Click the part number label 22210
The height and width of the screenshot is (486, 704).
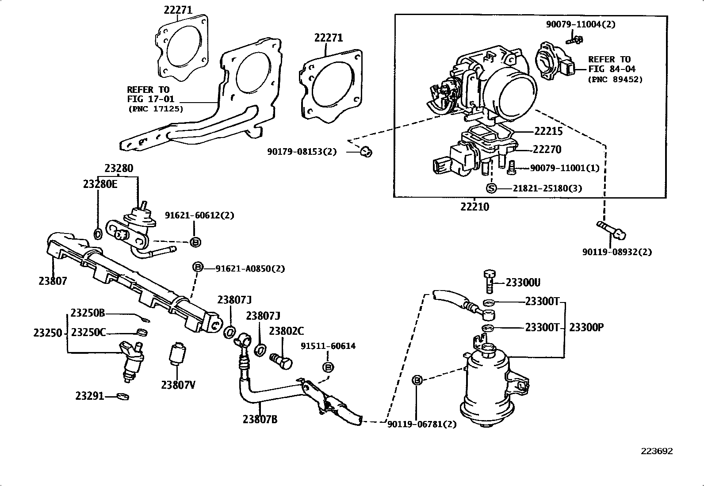tap(474, 207)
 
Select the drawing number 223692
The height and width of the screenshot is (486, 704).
tap(657, 451)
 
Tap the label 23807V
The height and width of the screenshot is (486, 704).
tap(178, 385)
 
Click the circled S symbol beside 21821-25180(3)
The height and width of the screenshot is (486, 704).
tap(491, 188)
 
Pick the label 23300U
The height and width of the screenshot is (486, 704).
tap(523, 283)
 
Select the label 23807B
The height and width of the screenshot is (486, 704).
tap(260, 419)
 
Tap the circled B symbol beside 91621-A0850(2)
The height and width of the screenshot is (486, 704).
tap(198, 267)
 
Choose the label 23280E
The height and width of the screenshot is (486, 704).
tap(100, 184)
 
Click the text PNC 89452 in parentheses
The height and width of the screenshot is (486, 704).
tap(615, 80)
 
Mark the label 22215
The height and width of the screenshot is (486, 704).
tap(548, 131)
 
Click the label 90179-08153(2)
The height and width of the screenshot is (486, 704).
tap(302, 152)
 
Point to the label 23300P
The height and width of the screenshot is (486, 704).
tap(586, 327)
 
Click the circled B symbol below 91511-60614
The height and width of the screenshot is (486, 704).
tap(328, 367)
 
